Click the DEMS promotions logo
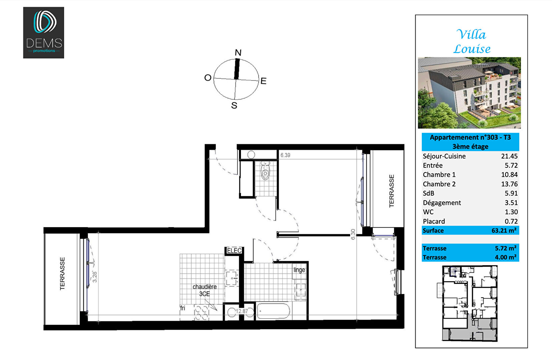44,32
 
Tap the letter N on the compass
238,52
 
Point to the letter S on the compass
234,105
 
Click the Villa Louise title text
472,41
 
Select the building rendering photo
469,93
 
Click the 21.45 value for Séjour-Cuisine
509,156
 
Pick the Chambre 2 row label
439,184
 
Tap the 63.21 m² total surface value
504,231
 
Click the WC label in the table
428,212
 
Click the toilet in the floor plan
265,170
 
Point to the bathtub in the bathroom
273,312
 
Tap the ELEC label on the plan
234,251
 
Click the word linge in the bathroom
299,270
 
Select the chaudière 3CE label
205,290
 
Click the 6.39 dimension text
285,155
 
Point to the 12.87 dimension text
242,311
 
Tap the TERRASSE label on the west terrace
62,274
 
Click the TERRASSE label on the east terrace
391,191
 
